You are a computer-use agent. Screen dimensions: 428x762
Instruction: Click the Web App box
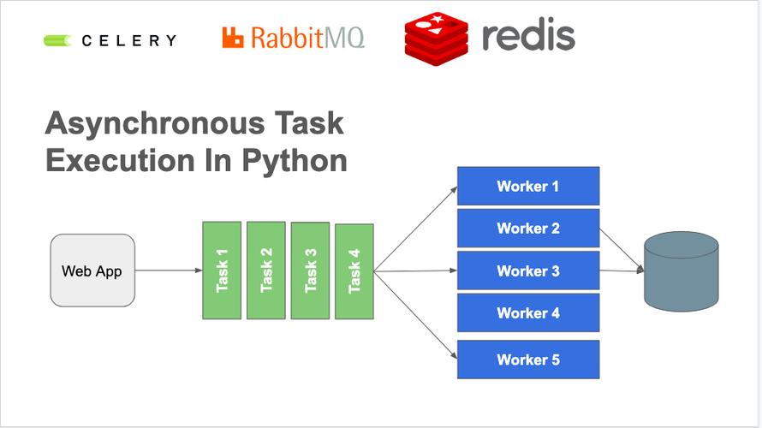coord(92,270)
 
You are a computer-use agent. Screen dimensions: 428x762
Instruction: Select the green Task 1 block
coord(221,270)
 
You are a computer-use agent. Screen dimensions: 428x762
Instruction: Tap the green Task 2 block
coord(265,270)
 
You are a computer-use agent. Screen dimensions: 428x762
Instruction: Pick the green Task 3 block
coord(310,270)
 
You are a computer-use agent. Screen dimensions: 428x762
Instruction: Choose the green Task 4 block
coord(354,270)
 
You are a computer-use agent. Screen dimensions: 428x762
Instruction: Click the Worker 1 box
coord(527,186)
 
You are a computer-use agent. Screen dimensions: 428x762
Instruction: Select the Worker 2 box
coord(527,229)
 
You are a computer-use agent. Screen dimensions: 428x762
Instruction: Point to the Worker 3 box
coord(527,270)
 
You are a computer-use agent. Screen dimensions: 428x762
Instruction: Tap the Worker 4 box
coord(527,313)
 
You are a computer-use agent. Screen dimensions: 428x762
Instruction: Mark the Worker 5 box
coord(527,360)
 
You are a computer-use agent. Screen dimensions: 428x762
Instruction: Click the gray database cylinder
coord(681,271)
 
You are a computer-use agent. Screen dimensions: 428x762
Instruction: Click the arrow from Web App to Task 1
coord(169,270)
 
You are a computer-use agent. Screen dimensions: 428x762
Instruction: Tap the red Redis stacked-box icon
coord(437,36)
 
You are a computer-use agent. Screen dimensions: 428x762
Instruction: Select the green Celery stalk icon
coord(58,39)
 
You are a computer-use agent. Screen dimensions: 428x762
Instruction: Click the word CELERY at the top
coord(129,40)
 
